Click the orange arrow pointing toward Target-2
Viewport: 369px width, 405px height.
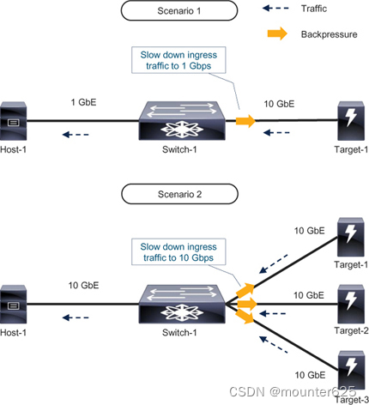pos(247,304)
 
